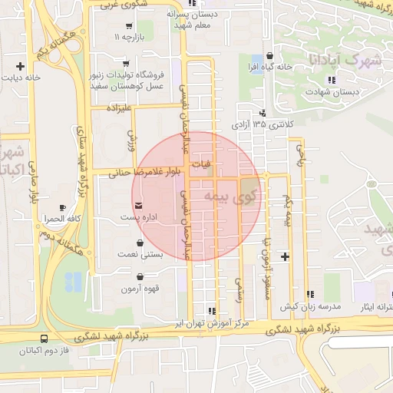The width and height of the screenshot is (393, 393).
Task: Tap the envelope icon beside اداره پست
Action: (138, 206)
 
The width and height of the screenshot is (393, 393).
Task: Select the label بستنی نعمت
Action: (139, 254)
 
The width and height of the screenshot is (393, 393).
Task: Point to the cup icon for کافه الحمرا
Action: (63, 207)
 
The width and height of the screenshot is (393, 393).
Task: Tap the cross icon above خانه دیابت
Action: (20, 66)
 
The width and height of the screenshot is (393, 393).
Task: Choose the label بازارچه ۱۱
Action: (129, 37)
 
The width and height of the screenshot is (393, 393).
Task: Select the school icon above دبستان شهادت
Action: (332, 80)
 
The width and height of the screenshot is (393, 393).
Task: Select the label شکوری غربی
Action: (116, 5)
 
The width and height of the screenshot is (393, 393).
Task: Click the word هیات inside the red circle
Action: (200, 163)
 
